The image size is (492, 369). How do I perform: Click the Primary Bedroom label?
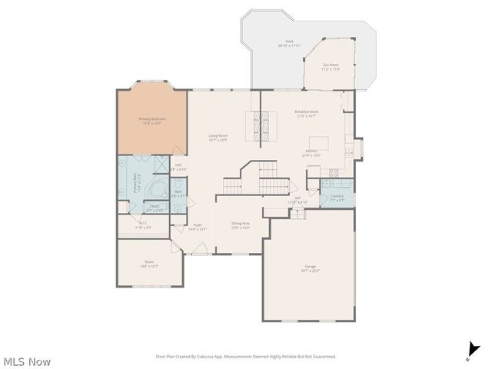coord(151,120)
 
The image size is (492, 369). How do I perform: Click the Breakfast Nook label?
coord(307,113)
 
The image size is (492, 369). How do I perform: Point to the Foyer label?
coord(198,226)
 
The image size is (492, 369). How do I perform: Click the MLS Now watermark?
coord(27,361)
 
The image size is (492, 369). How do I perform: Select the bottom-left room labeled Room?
coord(149,264)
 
